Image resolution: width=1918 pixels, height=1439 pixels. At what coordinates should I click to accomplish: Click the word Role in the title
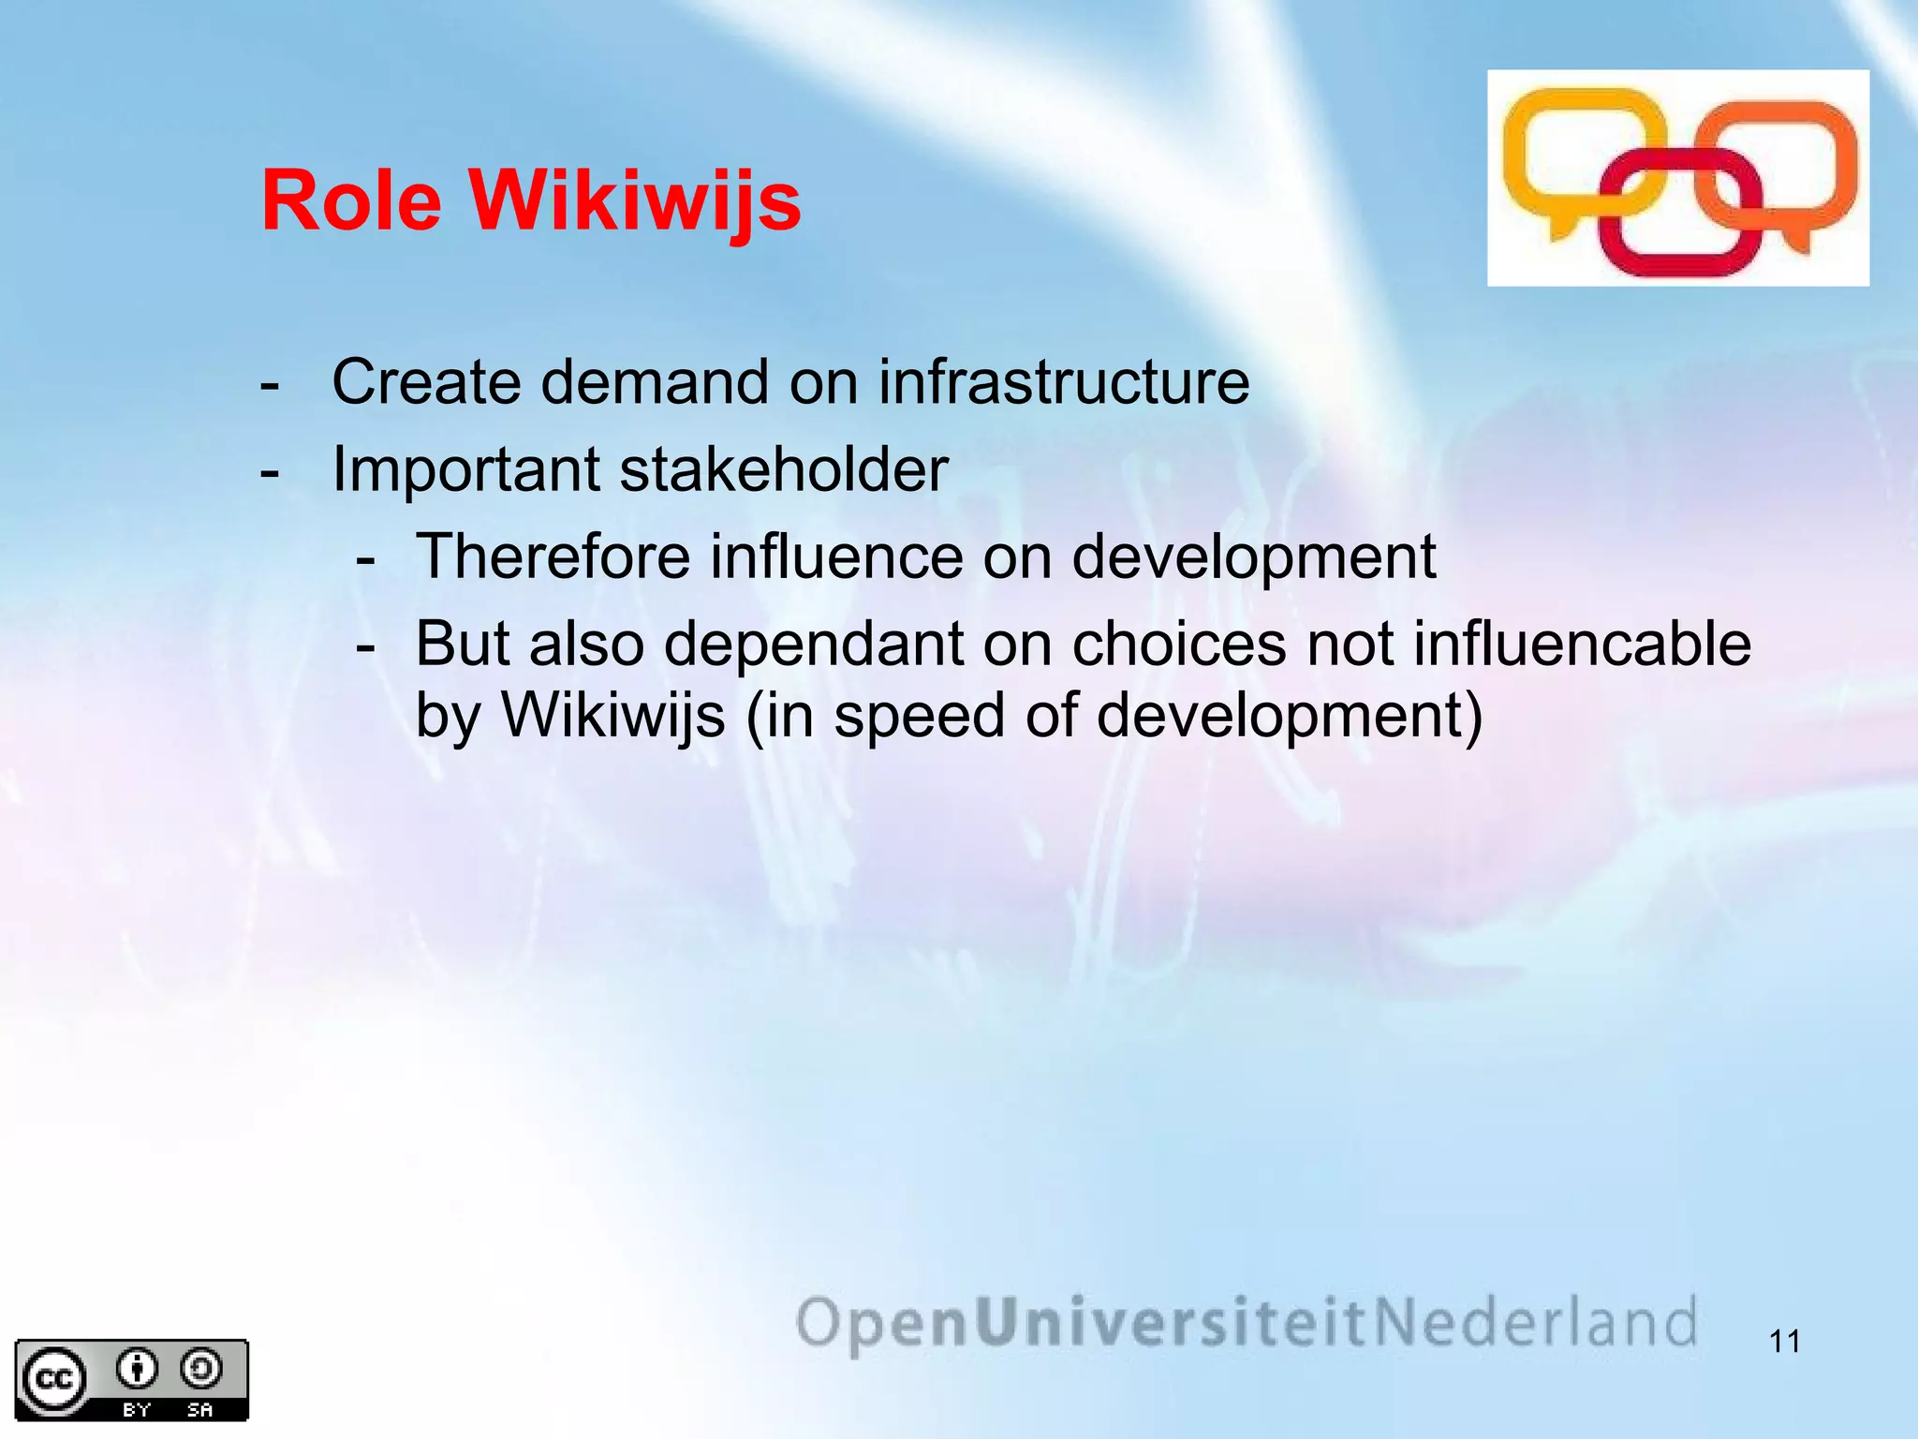coord(351,201)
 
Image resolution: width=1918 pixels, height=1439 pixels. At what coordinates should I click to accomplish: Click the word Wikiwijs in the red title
coord(635,201)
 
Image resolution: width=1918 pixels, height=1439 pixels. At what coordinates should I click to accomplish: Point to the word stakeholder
coord(784,469)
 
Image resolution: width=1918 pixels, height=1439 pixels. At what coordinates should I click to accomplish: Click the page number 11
coord(1785,1342)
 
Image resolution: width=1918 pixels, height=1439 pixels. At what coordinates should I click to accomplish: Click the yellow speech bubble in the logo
coord(1573,150)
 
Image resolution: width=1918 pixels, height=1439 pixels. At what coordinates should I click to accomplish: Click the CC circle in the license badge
coord(53,1379)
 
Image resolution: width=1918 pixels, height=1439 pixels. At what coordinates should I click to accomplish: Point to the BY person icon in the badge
coord(137,1370)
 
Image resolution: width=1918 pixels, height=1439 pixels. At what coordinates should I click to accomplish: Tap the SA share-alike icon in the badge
coord(200,1370)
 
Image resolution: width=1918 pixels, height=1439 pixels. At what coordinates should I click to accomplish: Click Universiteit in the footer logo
coord(1172,1323)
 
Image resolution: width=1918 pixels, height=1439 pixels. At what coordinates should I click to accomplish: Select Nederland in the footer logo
coord(1536,1323)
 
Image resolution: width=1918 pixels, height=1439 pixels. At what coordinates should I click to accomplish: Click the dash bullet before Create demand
coord(270,385)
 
